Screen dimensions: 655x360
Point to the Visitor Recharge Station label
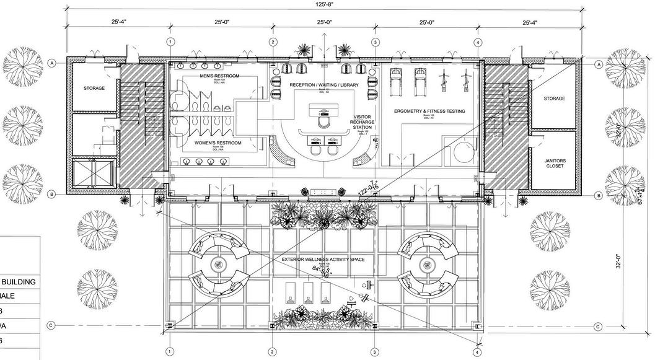point(361,122)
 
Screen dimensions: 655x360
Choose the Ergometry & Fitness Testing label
point(429,112)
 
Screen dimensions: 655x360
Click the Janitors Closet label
point(555,164)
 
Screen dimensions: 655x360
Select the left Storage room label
point(94,88)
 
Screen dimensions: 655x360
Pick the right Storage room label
point(554,99)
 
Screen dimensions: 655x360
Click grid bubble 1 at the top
point(170,42)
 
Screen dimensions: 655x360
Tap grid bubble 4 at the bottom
point(477,351)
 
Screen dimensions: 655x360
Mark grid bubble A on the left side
point(53,63)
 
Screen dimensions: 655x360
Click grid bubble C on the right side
point(598,326)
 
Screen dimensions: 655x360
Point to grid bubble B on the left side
point(53,195)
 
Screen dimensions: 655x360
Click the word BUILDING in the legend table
point(25,281)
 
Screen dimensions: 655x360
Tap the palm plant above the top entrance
point(304,50)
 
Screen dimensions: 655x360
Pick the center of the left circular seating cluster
point(218,265)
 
